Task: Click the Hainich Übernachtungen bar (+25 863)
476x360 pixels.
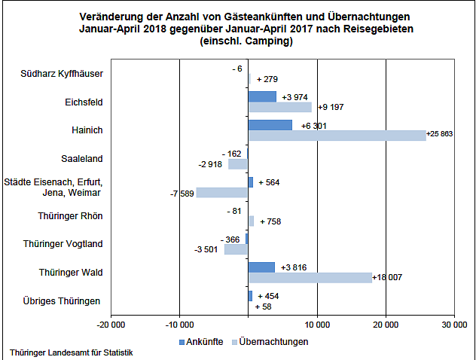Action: (x=337, y=136)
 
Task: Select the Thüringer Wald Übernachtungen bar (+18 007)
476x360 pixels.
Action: (x=310, y=278)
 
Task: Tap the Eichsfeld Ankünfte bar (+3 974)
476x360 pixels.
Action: (x=262, y=96)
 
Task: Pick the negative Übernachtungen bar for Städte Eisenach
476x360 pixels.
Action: (x=221, y=193)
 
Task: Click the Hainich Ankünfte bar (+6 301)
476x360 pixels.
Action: (x=270, y=125)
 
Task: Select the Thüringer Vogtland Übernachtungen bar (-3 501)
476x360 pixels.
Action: (x=236, y=249)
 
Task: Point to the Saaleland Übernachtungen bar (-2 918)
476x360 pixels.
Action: (x=238, y=163)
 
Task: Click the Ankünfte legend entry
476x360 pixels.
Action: (x=200, y=341)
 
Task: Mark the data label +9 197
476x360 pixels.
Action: (x=331, y=108)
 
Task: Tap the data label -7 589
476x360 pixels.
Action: (x=182, y=194)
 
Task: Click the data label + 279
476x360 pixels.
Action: (x=267, y=79)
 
